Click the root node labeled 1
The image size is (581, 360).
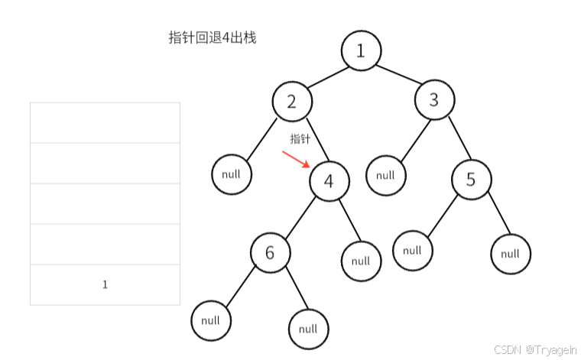[x=361, y=51]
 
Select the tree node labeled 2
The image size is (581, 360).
[x=291, y=101]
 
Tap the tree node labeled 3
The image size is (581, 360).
[x=434, y=100]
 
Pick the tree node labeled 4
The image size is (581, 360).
[x=329, y=181]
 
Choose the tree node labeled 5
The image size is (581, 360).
[x=471, y=180]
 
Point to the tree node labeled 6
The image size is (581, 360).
[x=270, y=253]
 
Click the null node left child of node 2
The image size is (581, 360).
[x=231, y=174]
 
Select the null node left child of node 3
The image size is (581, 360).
[x=385, y=175]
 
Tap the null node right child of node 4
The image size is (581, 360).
[x=361, y=261]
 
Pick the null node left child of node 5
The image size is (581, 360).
[x=413, y=251]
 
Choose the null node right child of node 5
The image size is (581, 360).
[x=511, y=254]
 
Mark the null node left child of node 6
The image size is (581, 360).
[x=211, y=321]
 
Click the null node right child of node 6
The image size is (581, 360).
[x=308, y=329]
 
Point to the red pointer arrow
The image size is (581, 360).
[x=296, y=159]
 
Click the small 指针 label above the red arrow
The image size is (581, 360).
[x=300, y=139]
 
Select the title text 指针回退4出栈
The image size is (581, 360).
[x=213, y=37]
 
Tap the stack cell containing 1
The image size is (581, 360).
[x=105, y=284]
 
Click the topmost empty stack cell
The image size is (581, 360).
[x=105, y=122]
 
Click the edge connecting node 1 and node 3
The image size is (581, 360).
[x=398, y=76]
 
